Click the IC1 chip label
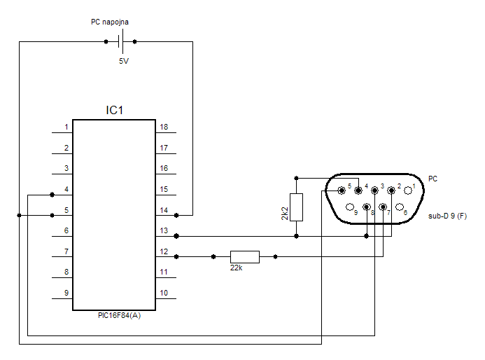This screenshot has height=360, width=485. [115, 110]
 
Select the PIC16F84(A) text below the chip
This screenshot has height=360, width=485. [120, 315]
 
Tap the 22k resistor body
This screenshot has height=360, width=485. [245, 257]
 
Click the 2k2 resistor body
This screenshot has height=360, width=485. [296, 207]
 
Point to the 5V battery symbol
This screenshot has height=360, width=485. [121, 41]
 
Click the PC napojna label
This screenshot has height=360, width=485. [110, 22]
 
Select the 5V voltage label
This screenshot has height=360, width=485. [124, 62]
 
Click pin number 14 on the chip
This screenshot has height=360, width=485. [164, 210]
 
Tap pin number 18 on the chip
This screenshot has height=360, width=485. [164, 127]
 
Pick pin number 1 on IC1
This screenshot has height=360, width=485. [66, 127]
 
